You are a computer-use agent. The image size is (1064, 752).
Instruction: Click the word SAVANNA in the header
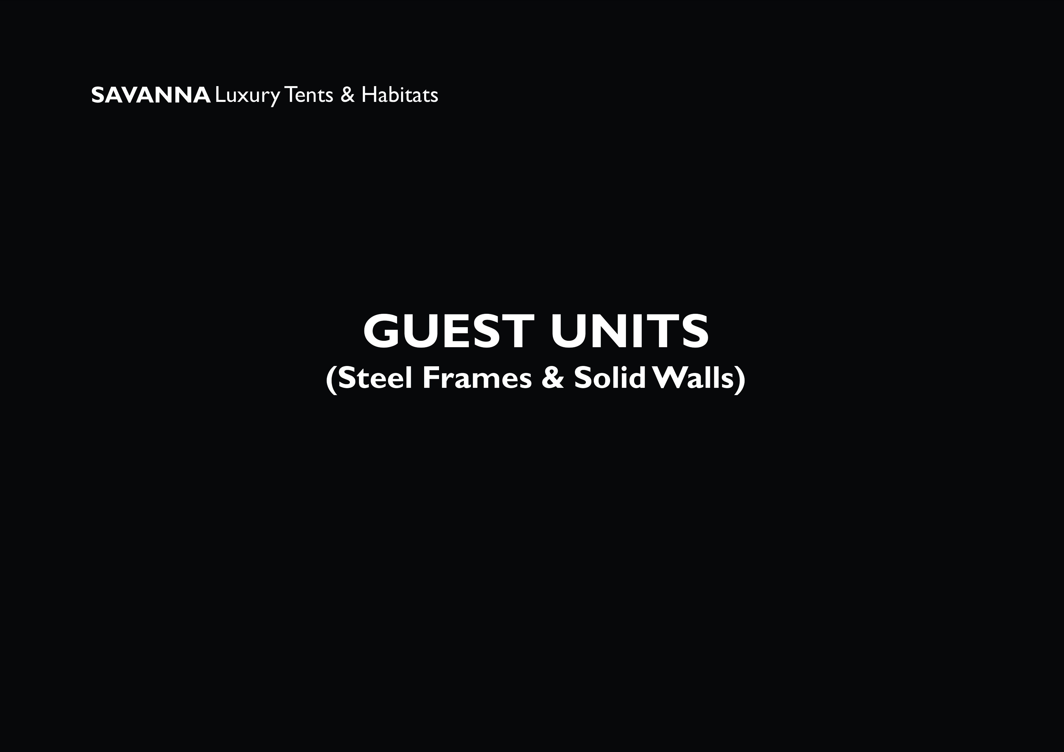click(x=150, y=96)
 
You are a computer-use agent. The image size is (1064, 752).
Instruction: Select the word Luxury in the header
click(x=248, y=96)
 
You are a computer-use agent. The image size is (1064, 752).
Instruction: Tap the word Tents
click(x=309, y=96)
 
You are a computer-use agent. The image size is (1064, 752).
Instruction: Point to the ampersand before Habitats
click(x=347, y=96)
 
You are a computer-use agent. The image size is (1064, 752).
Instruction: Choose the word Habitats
click(x=400, y=96)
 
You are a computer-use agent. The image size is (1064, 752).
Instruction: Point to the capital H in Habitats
click(x=369, y=96)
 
